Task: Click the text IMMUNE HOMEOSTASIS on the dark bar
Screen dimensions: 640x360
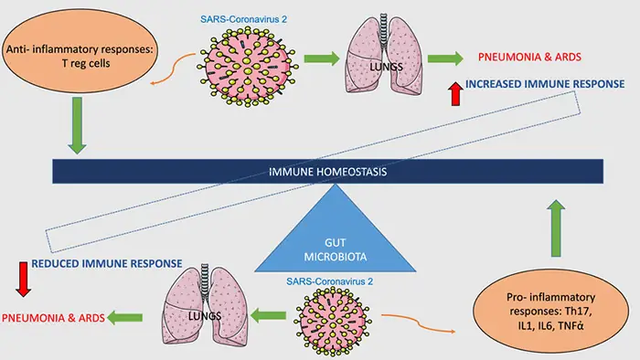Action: pyautogui.click(x=327, y=172)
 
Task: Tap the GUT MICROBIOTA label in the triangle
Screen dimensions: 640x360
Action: pyautogui.click(x=336, y=249)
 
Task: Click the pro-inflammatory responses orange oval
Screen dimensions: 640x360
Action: pyautogui.click(x=550, y=311)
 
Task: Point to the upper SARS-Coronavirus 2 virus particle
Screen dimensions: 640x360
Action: pyautogui.click(x=248, y=66)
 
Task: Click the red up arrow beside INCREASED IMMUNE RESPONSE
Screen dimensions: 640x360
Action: pyautogui.click(x=456, y=94)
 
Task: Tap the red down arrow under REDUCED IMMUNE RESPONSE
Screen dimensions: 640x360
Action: pyautogui.click(x=23, y=280)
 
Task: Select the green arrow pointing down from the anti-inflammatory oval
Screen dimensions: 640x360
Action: pyautogui.click(x=77, y=125)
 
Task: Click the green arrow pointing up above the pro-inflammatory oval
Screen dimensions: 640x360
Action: pyautogui.click(x=556, y=228)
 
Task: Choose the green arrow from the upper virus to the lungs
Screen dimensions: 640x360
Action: pyautogui.click(x=322, y=58)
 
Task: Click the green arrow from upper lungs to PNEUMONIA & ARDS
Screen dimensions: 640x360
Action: pyautogui.click(x=445, y=58)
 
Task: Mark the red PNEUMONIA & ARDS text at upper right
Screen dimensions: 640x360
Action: pyautogui.click(x=529, y=57)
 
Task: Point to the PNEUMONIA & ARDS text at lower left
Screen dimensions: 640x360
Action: pyautogui.click(x=53, y=318)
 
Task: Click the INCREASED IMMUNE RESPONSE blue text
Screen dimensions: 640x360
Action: pyautogui.click(x=545, y=84)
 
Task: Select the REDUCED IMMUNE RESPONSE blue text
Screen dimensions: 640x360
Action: pyautogui.click(x=107, y=264)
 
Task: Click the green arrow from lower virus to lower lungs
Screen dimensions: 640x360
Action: pyautogui.click(x=268, y=315)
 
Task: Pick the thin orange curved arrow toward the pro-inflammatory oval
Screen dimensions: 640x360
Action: pyautogui.click(x=418, y=323)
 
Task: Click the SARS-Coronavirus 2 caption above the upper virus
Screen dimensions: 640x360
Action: pyautogui.click(x=244, y=19)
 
